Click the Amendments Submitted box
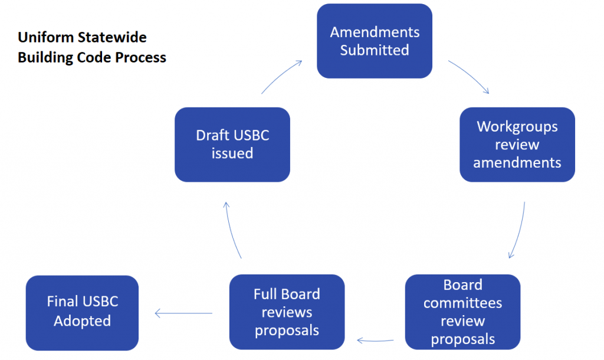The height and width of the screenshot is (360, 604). [x=375, y=41]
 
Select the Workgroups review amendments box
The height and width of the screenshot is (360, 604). [x=517, y=144]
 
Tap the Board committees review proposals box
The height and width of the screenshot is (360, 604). [x=462, y=312]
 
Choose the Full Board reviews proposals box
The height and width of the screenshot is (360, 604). [x=287, y=312]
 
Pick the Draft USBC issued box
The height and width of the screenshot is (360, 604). [x=232, y=144]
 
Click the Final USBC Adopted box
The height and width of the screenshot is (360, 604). [x=83, y=312]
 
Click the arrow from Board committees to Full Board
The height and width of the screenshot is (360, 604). [x=376, y=341]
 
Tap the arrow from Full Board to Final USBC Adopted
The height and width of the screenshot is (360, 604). [x=183, y=313]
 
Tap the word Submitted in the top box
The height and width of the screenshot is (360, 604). [x=375, y=50]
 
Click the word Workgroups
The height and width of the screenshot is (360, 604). [x=517, y=126]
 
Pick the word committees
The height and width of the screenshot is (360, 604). [x=463, y=303]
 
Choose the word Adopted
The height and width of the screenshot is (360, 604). [x=83, y=321]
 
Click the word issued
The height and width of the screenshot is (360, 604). [x=232, y=153]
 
